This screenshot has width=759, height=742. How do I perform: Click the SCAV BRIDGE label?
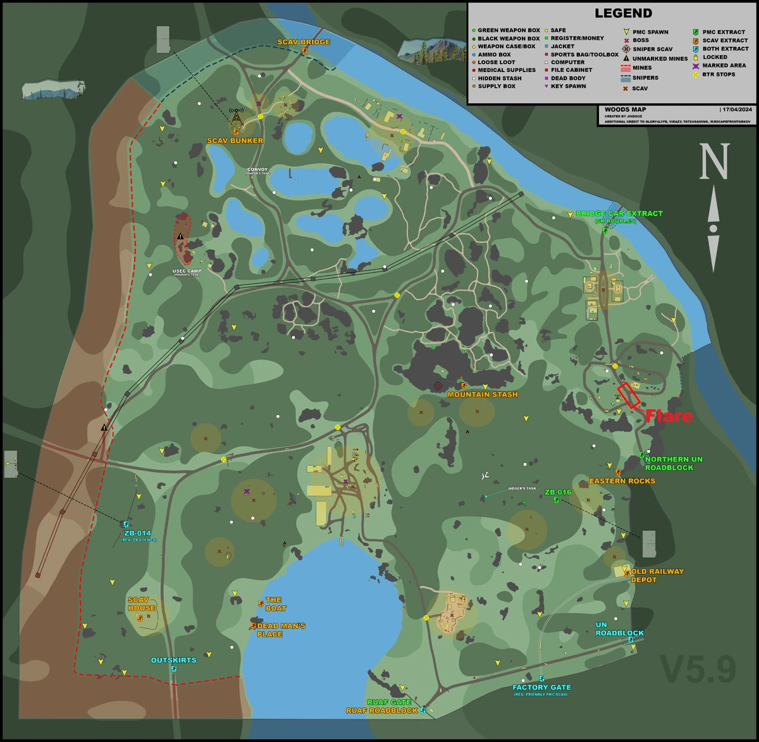click(x=304, y=42)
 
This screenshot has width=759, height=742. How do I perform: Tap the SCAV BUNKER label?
click(x=235, y=140)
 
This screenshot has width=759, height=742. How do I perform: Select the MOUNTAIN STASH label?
click(x=483, y=394)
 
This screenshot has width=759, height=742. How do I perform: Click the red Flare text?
click(x=669, y=416)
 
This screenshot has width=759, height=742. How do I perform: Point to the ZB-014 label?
click(x=138, y=533)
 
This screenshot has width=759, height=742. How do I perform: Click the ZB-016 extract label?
click(x=558, y=492)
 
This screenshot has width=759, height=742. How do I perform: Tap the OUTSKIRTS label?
click(x=173, y=660)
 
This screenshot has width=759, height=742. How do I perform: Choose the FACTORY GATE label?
click(x=541, y=687)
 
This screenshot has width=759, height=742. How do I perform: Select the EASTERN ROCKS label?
click(x=622, y=481)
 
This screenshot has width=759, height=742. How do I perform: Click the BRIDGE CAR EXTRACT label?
click(x=619, y=214)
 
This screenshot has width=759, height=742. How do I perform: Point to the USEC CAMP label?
click(x=187, y=271)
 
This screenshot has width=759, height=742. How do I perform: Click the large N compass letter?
click(x=713, y=162)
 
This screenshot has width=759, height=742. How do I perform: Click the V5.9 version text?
click(x=698, y=669)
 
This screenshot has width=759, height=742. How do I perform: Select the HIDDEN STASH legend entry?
click(x=500, y=78)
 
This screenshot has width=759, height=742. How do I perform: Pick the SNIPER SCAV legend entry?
click(x=652, y=49)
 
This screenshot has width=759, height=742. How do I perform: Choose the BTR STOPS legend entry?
click(x=719, y=74)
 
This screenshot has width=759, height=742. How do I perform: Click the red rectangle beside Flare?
click(x=629, y=394)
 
